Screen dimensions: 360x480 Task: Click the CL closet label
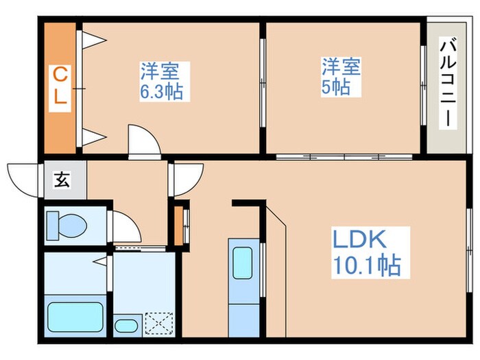point(60,86)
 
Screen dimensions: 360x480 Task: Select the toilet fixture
point(66,224)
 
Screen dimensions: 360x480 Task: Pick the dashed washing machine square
point(160,322)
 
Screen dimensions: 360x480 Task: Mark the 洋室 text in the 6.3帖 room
point(160,71)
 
